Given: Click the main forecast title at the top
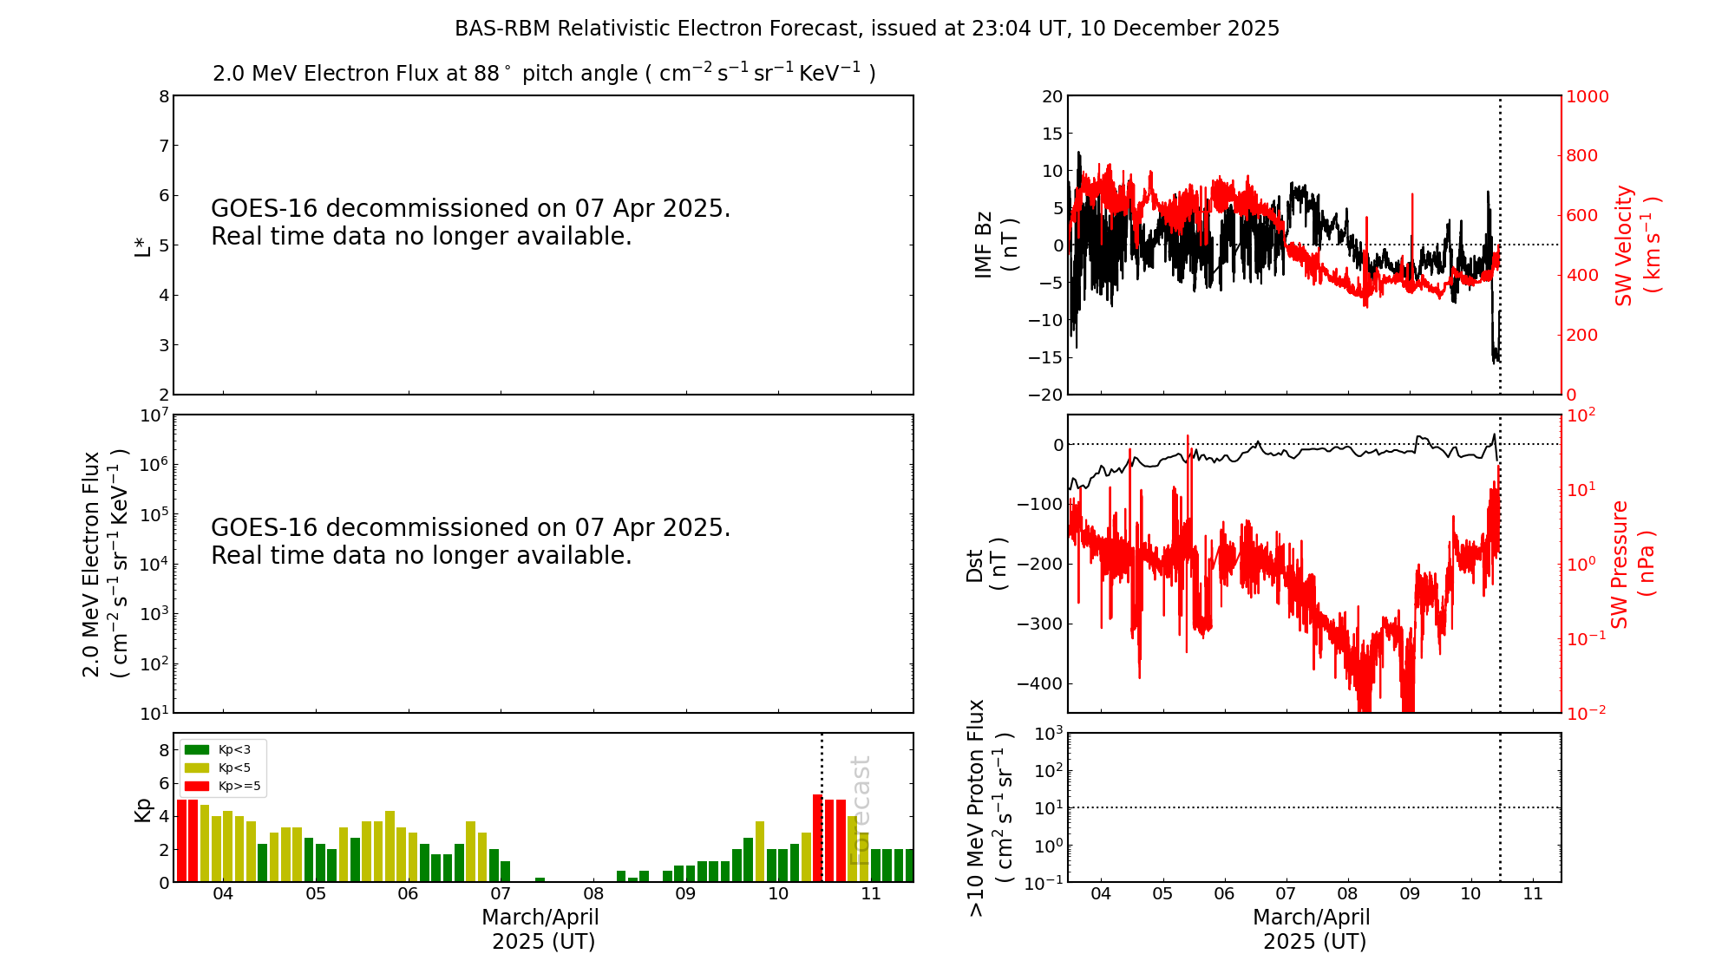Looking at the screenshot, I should (x=867, y=29).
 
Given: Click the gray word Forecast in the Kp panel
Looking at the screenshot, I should (x=859, y=811).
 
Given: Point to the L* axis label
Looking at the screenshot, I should (x=142, y=245).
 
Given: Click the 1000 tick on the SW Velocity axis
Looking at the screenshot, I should (x=1587, y=96).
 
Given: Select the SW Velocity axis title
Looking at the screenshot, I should (x=1635, y=245).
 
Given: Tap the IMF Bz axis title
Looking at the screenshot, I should (x=995, y=245).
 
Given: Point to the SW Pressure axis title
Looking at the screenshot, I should (x=1632, y=564).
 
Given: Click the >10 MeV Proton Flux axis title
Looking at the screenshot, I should (x=989, y=808).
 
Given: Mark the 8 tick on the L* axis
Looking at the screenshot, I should (x=164, y=96).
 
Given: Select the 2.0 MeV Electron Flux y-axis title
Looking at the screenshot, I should (x=104, y=564).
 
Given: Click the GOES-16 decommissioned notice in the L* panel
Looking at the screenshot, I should (x=470, y=222).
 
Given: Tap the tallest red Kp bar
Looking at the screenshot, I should (x=817, y=838).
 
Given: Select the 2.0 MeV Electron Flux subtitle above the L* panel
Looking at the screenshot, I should (x=544, y=74).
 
